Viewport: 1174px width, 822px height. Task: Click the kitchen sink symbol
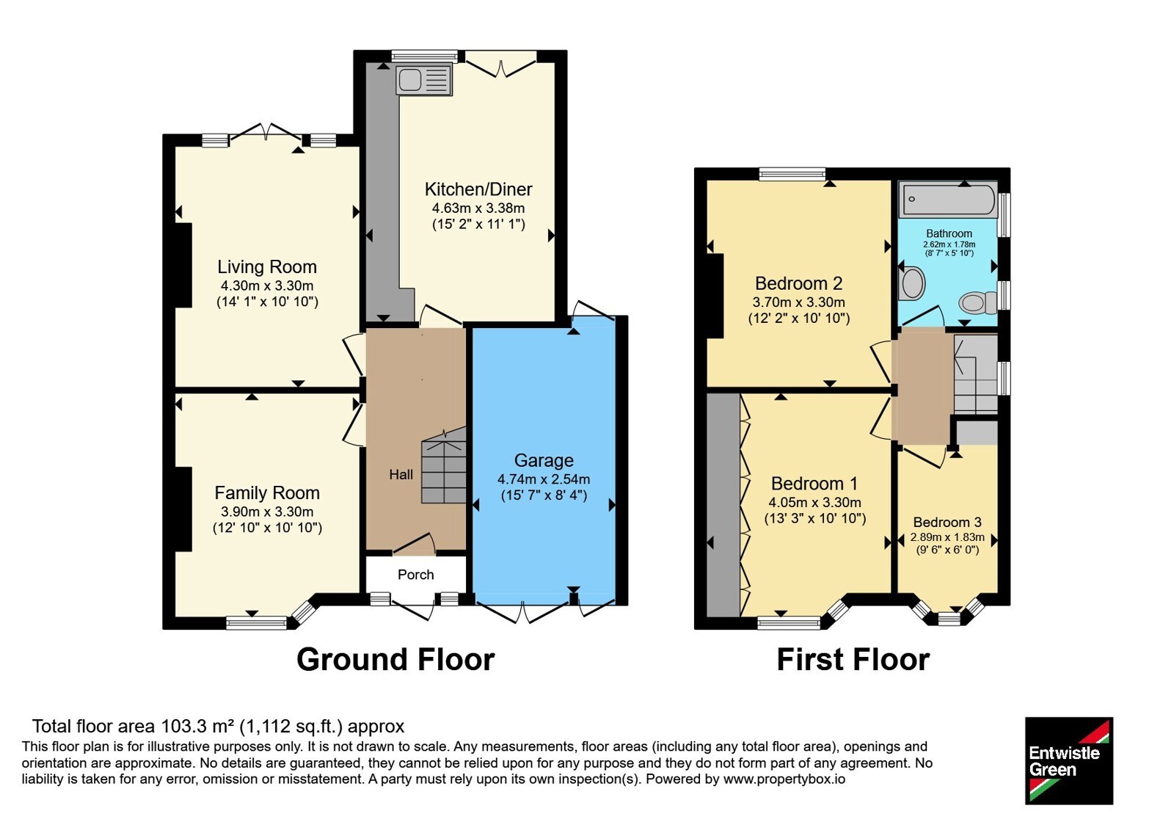click(x=424, y=80)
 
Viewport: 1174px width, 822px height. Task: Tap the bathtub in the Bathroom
click(x=948, y=199)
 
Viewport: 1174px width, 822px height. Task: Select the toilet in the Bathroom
click(x=978, y=302)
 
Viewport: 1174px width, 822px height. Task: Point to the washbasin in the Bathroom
click(x=912, y=283)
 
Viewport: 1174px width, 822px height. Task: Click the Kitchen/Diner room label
click(x=478, y=189)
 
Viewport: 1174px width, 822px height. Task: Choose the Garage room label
click(x=544, y=460)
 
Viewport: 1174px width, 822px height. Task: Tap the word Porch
click(x=415, y=575)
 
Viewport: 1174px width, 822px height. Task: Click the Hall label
click(x=401, y=474)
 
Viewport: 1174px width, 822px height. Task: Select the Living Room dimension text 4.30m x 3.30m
click(x=267, y=285)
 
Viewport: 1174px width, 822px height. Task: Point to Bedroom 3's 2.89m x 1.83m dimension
click(x=947, y=537)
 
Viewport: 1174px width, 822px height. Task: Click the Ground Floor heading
click(x=395, y=660)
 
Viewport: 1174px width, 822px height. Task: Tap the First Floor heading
click(x=853, y=660)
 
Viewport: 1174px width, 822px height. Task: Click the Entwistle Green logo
click(x=1069, y=760)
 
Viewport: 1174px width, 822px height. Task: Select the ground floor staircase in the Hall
click(x=444, y=465)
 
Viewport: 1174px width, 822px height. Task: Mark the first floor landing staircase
click(x=975, y=374)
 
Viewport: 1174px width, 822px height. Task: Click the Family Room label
click(x=267, y=492)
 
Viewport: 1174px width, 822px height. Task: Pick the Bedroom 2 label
click(x=799, y=283)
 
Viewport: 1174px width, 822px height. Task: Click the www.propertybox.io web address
click(x=784, y=779)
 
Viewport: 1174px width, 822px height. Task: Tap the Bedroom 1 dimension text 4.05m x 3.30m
click(x=815, y=502)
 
